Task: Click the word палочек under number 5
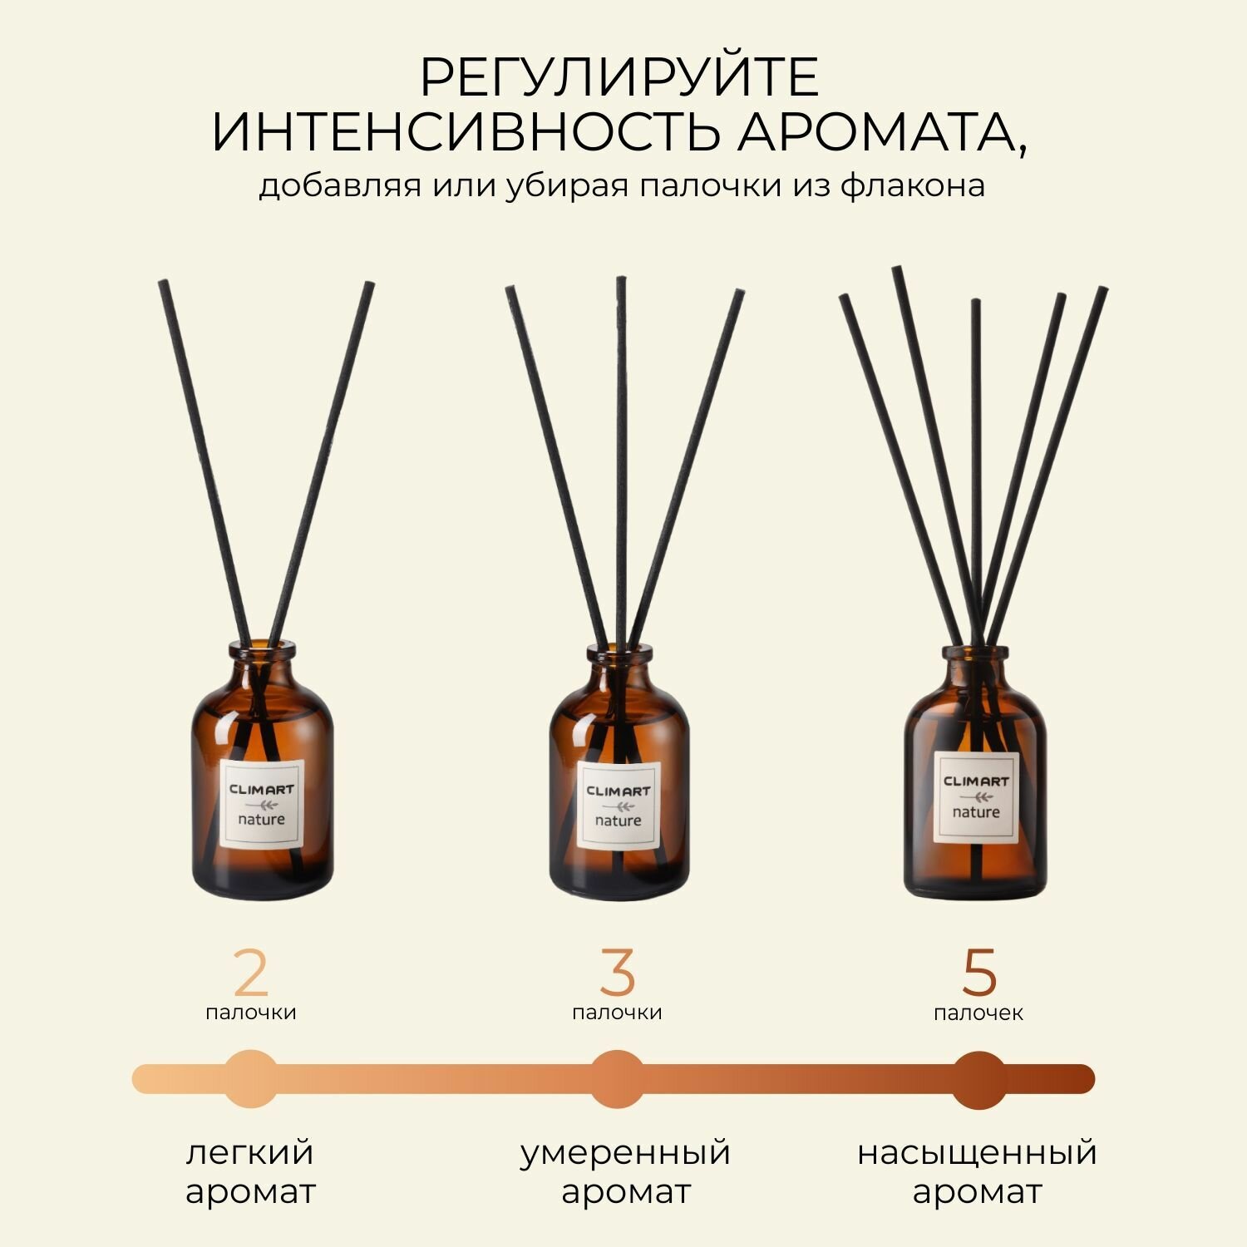click(x=978, y=1013)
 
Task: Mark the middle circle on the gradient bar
click(x=618, y=1079)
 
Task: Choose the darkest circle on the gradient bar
click(x=979, y=1079)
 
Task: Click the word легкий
click(x=250, y=1153)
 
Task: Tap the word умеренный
click(x=625, y=1153)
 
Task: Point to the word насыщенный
click(x=978, y=1153)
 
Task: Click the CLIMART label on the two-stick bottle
click(x=262, y=804)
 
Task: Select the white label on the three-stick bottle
click(x=619, y=806)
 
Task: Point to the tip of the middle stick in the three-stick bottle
click(x=621, y=279)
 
